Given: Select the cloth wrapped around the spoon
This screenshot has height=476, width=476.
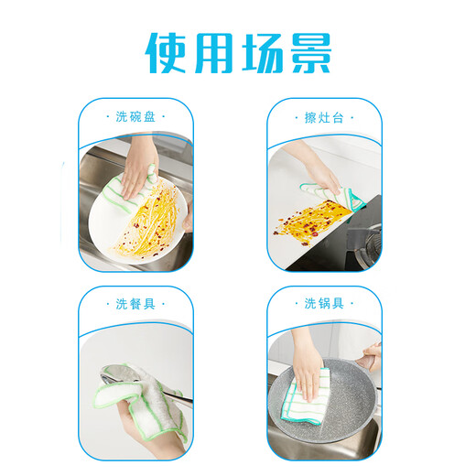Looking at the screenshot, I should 137,394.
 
